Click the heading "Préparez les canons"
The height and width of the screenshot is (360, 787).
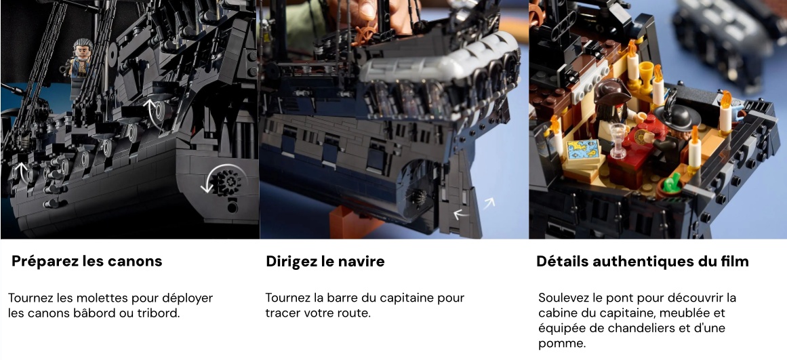click(87, 262)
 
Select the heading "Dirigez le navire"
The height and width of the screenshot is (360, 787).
click(325, 262)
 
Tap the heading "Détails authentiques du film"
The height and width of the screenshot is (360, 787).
click(643, 262)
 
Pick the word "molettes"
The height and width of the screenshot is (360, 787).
click(102, 298)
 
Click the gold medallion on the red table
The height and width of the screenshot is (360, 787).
click(641, 137)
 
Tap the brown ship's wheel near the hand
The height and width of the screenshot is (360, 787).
click(365, 35)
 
